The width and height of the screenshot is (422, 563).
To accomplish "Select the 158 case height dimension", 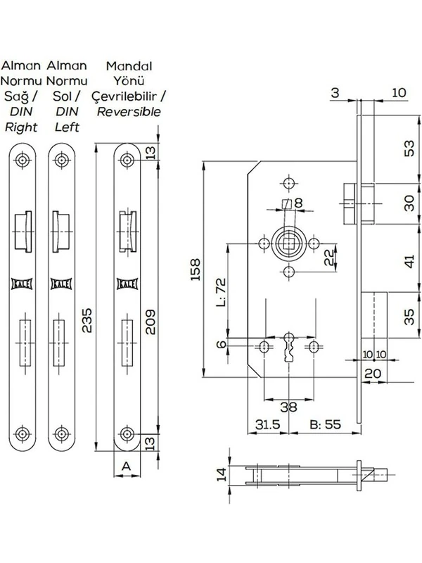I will [197, 270].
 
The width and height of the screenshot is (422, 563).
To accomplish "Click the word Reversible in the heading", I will [129, 111].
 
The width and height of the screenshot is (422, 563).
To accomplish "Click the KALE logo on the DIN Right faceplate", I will [24, 284].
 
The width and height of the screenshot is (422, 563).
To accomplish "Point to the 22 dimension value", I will [328, 258].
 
